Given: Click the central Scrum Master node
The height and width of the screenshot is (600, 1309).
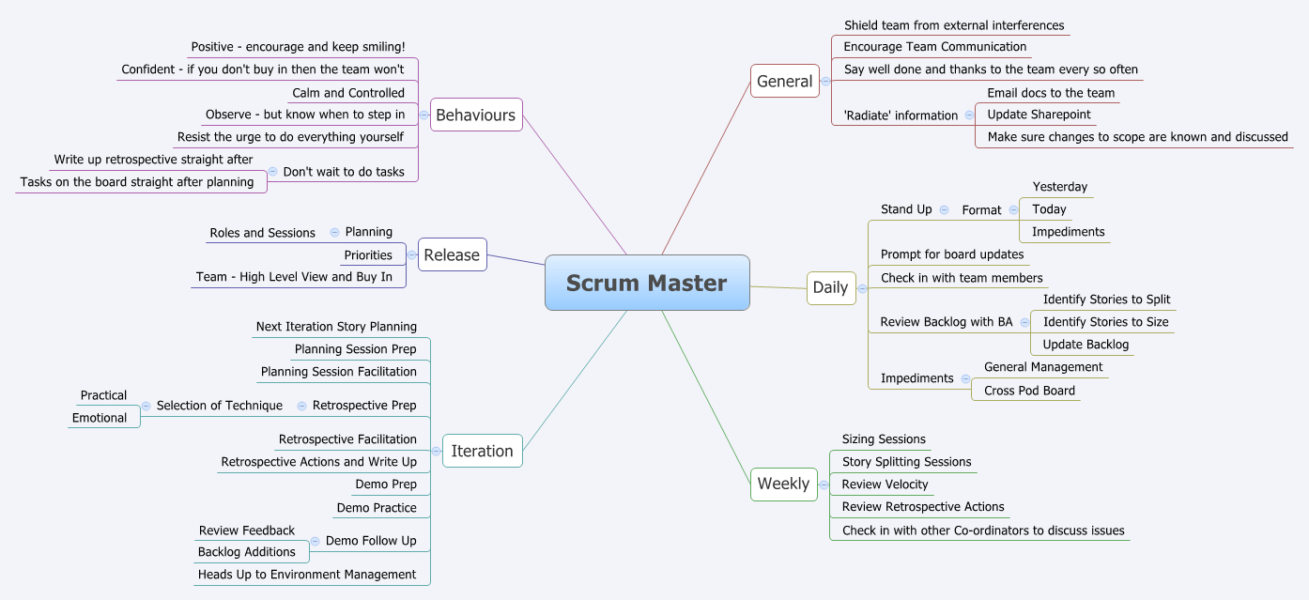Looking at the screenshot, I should click(x=647, y=283).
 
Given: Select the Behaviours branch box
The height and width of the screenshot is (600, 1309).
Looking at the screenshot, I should click(x=476, y=115).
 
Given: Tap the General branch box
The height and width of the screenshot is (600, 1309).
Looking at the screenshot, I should click(x=784, y=82).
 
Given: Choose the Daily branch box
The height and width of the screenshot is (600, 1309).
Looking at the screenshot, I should click(x=830, y=287).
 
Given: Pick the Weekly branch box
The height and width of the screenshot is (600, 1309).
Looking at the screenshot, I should click(x=783, y=484).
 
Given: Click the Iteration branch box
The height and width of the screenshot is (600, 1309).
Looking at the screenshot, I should click(x=482, y=451).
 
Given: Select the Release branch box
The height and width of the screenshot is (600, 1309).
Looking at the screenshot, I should click(x=452, y=254).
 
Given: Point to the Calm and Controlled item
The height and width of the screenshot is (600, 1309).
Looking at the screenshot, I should click(x=348, y=93).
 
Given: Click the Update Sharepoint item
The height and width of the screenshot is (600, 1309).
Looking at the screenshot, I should click(x=1039, y=115).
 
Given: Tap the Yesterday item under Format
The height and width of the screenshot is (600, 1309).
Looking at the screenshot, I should click(x=1059, y=187).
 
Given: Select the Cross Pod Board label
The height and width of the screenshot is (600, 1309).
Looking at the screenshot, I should click(x=1029, y=391).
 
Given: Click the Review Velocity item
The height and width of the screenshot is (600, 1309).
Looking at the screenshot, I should click(x=885, y=485).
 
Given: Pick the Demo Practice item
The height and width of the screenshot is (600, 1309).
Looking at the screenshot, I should click(x=377, y=508).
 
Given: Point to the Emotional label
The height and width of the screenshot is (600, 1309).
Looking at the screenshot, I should click(x=99, y=418).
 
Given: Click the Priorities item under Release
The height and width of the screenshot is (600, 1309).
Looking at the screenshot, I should click(x=368, y=255).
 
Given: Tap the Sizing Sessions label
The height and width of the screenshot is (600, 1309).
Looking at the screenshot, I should click(x=884, y=439).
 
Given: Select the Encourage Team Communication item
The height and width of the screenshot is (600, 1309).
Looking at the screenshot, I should click(x=934, y=47).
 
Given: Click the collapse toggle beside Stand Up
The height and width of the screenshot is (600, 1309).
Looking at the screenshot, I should click(x=944, y=209).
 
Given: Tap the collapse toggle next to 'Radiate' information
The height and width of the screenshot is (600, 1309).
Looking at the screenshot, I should click(x=968, y=115).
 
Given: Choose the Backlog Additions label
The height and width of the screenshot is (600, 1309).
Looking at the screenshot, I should click(x=246, y=552).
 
